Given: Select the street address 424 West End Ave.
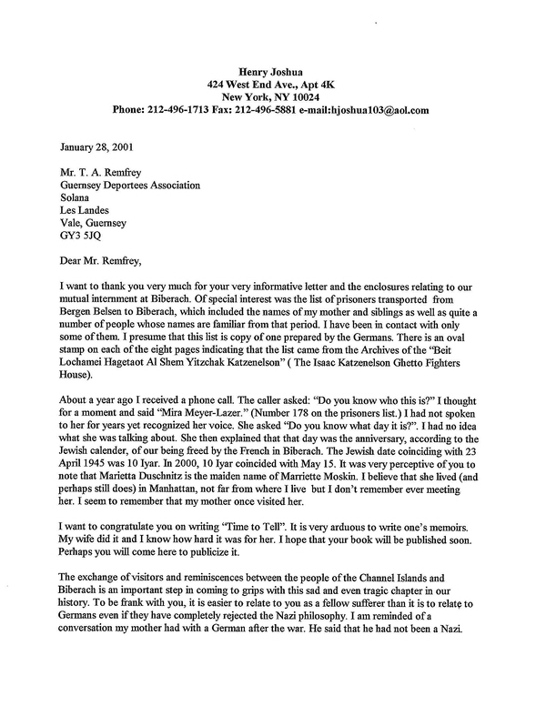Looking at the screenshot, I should point(246,83).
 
